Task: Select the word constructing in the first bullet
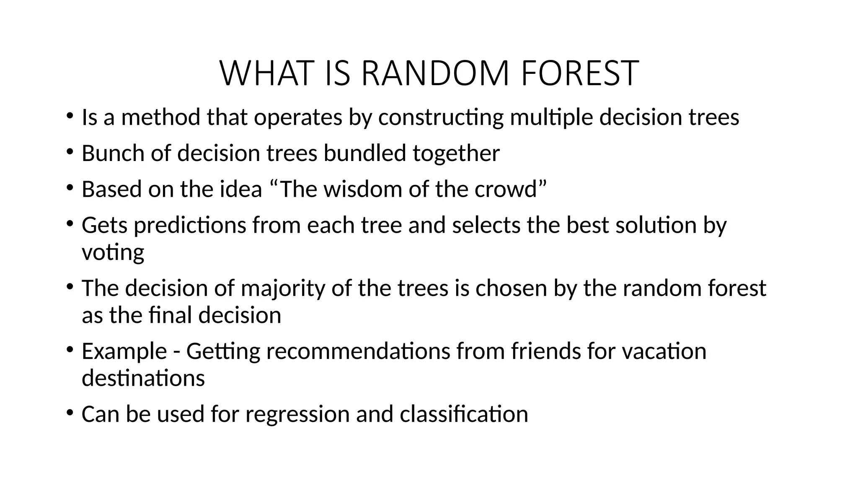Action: pyautogui.click(x=441, y=117)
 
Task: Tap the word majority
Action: pyautogui.click(x=283, y=289)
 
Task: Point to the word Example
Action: pyautogui.click(x=124, y=351)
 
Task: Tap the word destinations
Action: pyautogui.click(x=143, y=378)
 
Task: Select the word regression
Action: pyautogui.click(x=297, y=414)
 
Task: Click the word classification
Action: pyautogui.click(x=464, y=414)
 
